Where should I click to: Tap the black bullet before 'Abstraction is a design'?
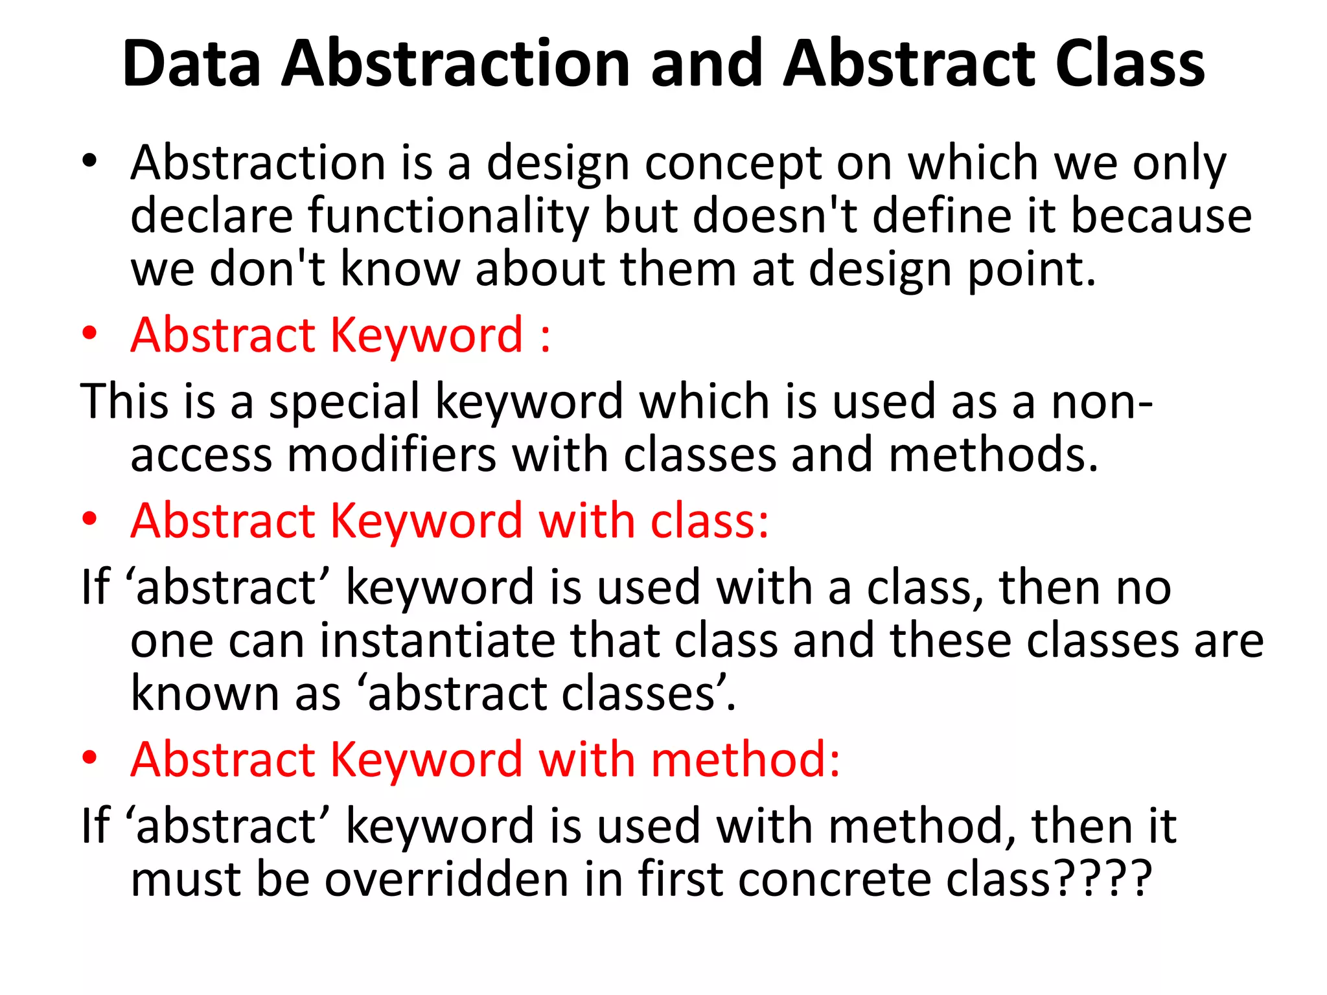click(89, 160)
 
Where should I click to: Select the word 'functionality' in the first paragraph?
click(447, 216)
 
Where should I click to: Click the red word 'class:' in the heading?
click(709, 521)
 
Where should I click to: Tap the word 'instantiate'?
click(437, 640)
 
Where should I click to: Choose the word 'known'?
click(205, 693)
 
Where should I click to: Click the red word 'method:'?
click(745, 759)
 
